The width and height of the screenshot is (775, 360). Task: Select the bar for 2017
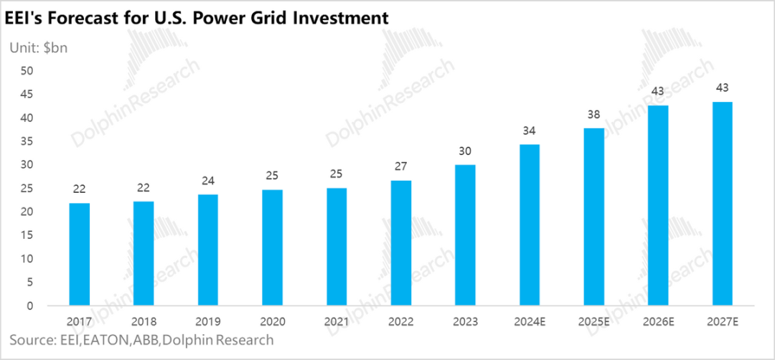(x=80, y=255)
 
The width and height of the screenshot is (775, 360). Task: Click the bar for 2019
(x=208, y=250)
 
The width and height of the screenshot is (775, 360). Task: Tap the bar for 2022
(x=400, y=243)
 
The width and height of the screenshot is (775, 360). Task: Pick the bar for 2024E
(x=530, y=225)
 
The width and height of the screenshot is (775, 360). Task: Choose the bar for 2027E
(x=722, y=204)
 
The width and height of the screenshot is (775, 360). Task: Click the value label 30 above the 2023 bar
(x=465, y=152)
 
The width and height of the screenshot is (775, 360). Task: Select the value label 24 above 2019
(x=208, y=181)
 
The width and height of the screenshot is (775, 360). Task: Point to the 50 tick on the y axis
(x=27, y=70)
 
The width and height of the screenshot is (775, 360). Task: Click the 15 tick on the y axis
(x=27, y=235)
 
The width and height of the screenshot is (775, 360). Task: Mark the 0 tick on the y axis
(x=30, y=305)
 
